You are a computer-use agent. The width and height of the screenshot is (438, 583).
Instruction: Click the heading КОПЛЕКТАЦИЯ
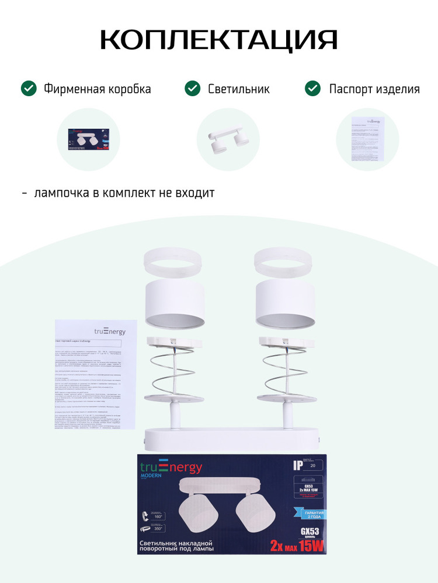pos(218,40)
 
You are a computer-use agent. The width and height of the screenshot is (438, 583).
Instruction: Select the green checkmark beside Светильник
pos(192,89)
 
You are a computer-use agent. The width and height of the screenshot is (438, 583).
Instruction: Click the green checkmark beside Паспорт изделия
pos(313,89)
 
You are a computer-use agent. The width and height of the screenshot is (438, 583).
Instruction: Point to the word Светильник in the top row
pos(239,89)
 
